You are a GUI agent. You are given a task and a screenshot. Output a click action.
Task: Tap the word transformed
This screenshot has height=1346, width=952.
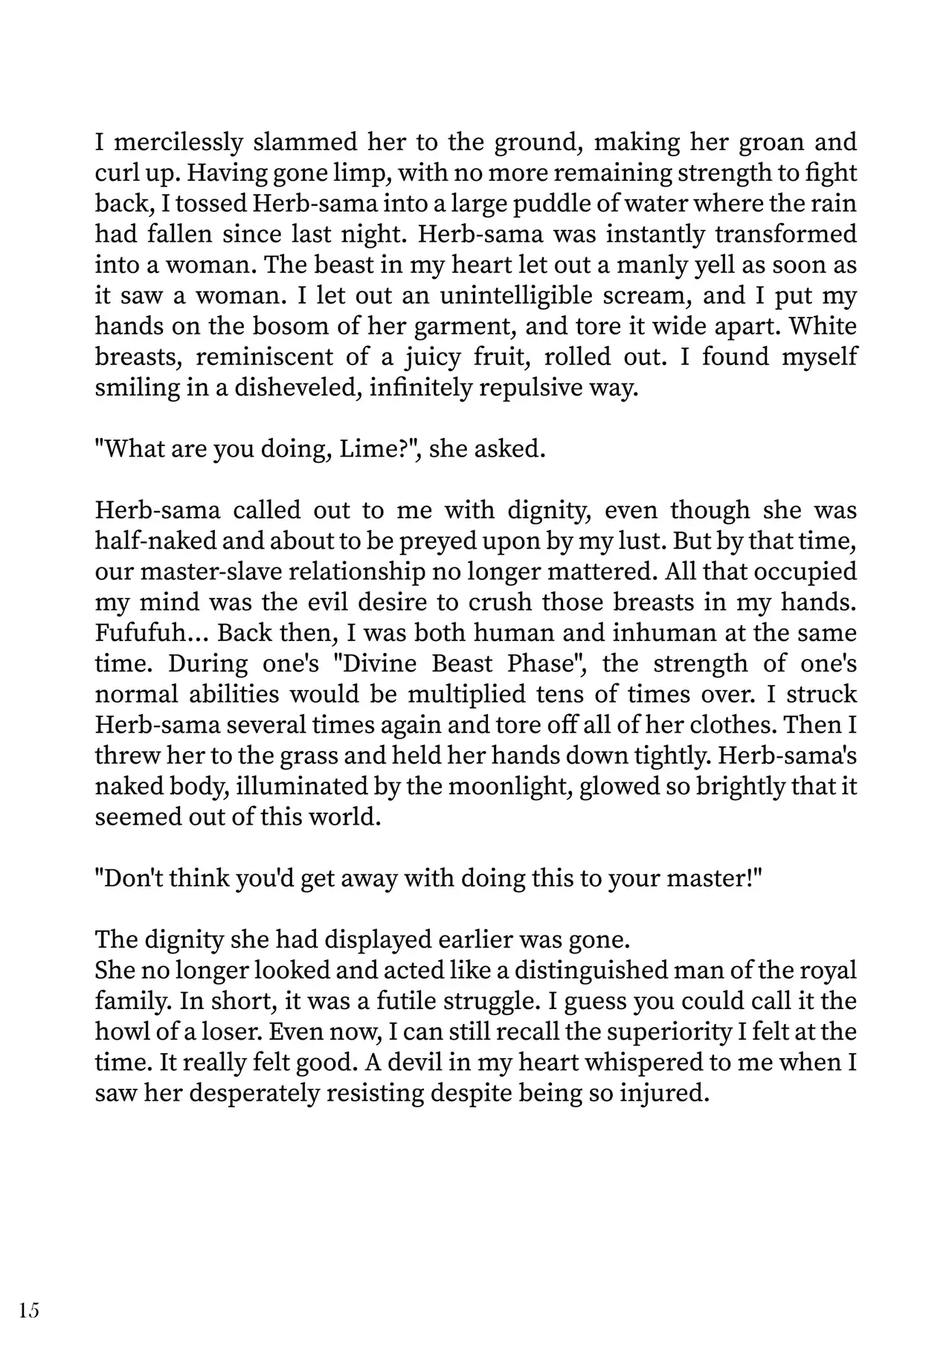[x=785, y=234]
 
